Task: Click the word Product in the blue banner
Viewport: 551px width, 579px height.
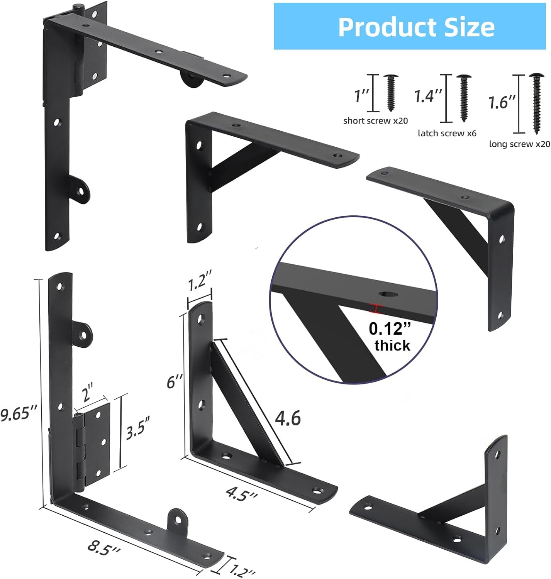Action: point(388,27)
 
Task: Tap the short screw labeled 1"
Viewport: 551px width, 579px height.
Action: point(391,93)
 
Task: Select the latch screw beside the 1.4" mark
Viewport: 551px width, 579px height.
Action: point(464,98)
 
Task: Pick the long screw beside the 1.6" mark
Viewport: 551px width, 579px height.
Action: point(537,104)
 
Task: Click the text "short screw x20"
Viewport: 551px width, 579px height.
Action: point(375,121)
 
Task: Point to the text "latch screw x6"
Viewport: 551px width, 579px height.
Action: point(447,134)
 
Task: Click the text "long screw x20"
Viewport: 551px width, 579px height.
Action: point(519,144)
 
